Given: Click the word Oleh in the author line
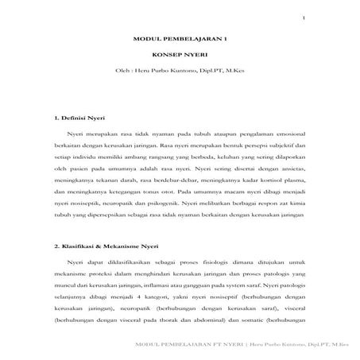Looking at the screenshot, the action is (123, 78).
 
